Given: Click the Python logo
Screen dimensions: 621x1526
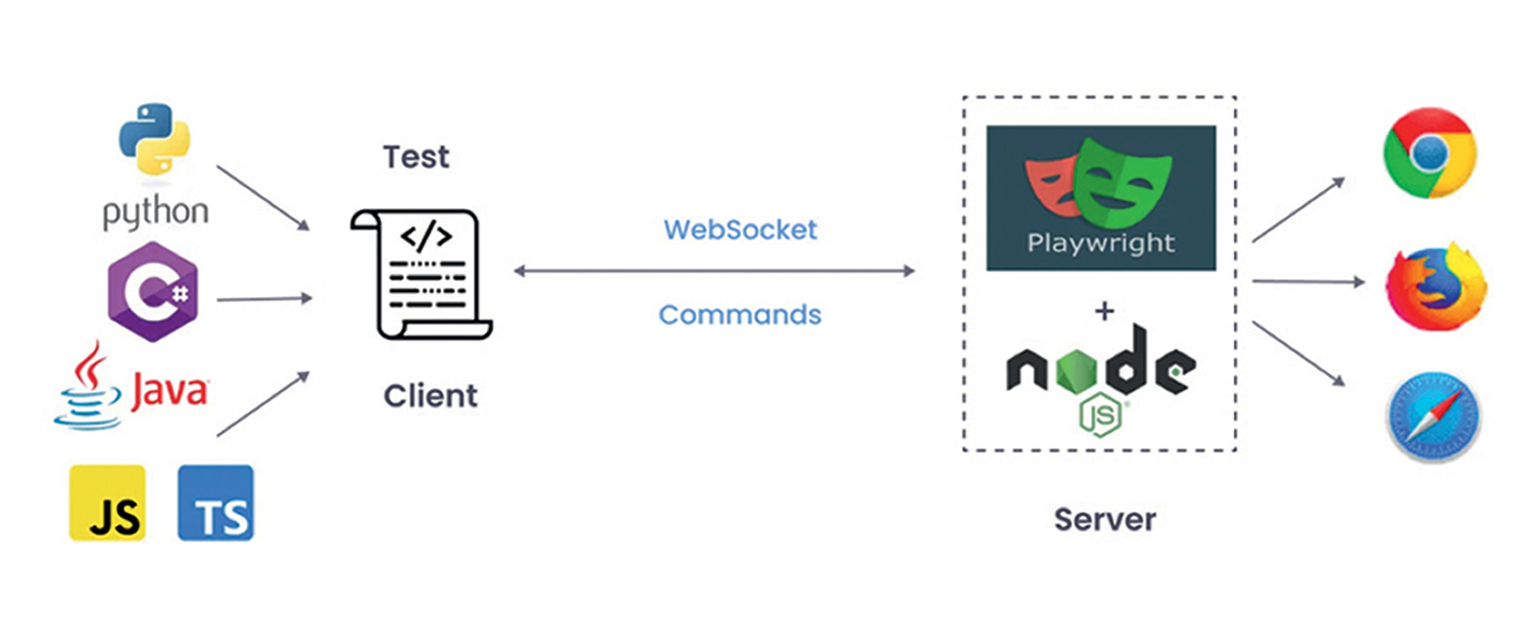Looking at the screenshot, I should [x=154, y=139].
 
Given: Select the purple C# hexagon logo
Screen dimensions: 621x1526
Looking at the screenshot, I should [x=153, y=292].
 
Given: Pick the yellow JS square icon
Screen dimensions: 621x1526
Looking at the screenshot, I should [x=107, y=503].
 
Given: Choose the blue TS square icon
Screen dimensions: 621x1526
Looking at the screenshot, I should [x=216, y=503].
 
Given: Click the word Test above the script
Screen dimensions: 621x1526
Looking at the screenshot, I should [x=416, y=158].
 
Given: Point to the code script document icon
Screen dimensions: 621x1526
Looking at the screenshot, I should [x=422, y=274].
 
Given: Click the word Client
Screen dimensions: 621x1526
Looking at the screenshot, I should [x=430, y=396].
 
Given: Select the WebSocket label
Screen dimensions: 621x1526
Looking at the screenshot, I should [x=740, y=230].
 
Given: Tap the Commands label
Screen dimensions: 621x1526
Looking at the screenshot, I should [x=740, y=315].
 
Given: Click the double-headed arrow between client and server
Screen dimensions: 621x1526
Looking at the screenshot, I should [x=714, y=271].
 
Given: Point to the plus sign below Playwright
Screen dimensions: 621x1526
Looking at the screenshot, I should [x=1104, y=311].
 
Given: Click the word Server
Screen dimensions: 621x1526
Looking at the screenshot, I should [x=1104, y=520].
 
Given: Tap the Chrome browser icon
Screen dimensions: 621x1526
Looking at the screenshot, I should [x=1429, y=153].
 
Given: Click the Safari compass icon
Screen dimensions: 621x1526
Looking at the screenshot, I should [x=1433, y=417].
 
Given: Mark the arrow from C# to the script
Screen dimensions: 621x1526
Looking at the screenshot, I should [x=264, y=299].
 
